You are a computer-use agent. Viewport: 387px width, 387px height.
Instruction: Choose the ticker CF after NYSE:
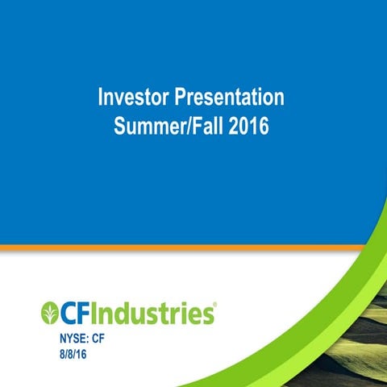98,339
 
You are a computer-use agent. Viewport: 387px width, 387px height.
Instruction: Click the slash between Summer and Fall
191,127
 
